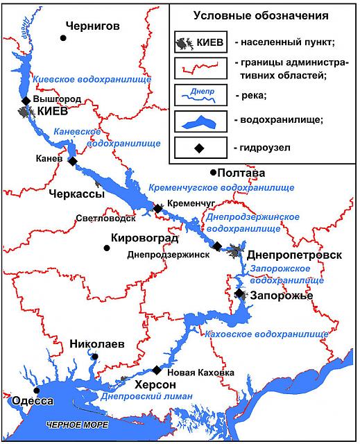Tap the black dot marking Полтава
tap(214, 172)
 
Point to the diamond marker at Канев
tap(73, 161)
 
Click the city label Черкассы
tap(76, 194)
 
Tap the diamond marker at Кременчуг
tap(158, 208)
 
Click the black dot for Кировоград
tap(106, 247)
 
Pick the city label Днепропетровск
tap(295, 255)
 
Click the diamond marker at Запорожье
tap(239, 293)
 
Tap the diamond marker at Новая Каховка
tap(157, 369)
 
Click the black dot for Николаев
tap(95, 357)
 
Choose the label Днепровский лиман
tap(146, 398)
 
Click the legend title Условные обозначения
tap(261, 15)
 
